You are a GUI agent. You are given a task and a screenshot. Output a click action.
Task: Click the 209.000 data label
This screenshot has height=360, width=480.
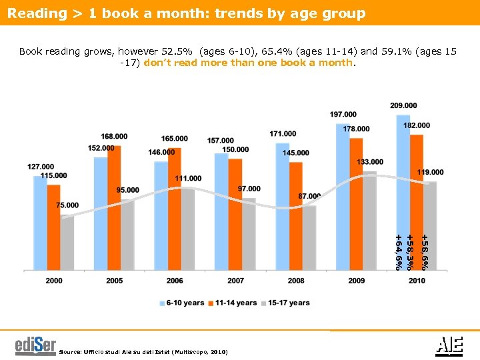pos(403,105)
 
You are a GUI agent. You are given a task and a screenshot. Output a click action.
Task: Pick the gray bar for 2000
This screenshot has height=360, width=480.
pos(67,243)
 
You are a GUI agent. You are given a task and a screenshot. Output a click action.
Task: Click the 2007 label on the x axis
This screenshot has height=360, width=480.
pos(235,281)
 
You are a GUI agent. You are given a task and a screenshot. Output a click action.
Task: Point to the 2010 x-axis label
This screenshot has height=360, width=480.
pos(417,281)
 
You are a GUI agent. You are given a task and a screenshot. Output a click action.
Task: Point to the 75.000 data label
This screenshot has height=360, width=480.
pos(67,205)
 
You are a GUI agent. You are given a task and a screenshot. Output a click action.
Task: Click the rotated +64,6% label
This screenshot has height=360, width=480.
pos(398,252)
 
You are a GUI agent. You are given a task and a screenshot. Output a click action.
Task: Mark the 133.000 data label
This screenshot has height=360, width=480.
pos(370,162)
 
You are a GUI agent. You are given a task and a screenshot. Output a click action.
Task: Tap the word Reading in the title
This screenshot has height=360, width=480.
pos(33,13)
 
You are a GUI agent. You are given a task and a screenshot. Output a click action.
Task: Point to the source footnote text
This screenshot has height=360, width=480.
pos(143,351)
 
